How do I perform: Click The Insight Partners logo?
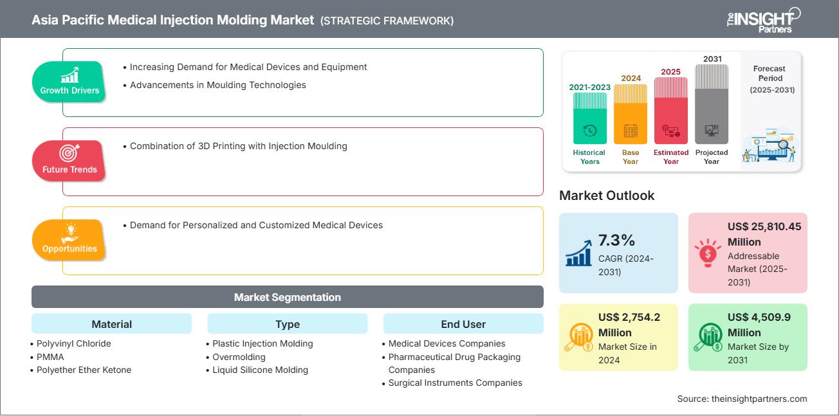pos(762,19)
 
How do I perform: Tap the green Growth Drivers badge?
pos(69,82)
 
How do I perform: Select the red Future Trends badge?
pos(69,161)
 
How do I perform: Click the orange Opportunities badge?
pos(69,240)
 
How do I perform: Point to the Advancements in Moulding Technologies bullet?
pos(217,85)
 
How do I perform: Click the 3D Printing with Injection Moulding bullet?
pos(238,146)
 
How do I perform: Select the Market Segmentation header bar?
pos(287,297)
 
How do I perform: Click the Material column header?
pos(111,324)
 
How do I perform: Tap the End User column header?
pos(463,324)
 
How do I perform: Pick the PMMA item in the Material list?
pos(50,357)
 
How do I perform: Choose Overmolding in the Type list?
pos(239,357)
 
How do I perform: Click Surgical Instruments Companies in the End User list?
pos(455,383)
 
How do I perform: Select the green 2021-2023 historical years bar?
pos(589,118)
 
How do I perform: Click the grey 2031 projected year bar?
pos(712,103)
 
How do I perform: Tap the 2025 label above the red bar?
pos(671,71)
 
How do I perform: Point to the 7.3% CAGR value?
pos(616,240)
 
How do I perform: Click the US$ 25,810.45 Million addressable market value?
pos(764,234)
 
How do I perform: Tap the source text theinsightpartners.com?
pos(742,399)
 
